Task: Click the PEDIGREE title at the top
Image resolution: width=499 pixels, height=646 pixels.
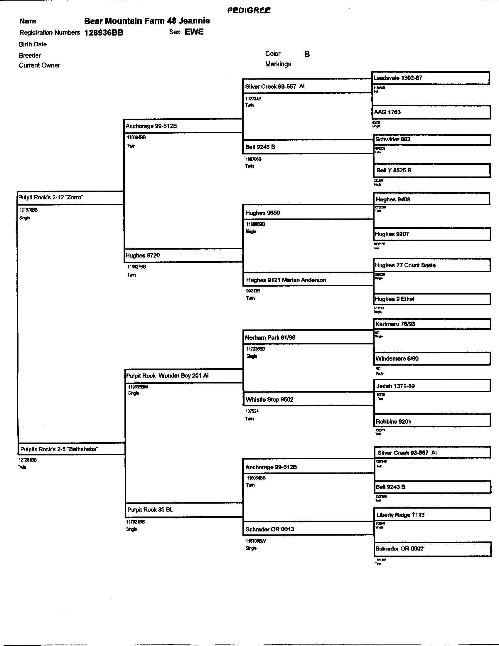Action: click(x=249, y=10)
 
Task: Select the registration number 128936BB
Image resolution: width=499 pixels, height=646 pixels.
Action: click(x=104, y=33)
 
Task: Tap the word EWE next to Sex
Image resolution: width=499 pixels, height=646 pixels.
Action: click(x=194, y=32)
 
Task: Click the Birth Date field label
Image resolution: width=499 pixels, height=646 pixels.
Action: click(x=33, y=44)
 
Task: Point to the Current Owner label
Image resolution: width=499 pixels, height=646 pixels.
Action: click(x=39, y=65)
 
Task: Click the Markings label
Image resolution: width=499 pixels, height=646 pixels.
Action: click(x=278, y=64)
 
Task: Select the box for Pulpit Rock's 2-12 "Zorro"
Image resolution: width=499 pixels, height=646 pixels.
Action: click(x=70, y=198)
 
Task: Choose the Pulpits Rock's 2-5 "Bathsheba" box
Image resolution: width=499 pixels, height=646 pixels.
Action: click(x=72, y=449)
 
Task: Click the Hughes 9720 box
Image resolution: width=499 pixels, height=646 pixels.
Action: click(x=183, y=255)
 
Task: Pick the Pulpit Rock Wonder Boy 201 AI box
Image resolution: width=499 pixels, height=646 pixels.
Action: click(x=184, y=376)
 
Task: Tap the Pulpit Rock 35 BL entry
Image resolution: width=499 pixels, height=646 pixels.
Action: click(x=184, y=510)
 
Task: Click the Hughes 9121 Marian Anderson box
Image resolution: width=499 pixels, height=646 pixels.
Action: click(x=308, y=280)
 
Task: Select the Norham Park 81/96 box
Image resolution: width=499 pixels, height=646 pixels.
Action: click(x=308, y=337)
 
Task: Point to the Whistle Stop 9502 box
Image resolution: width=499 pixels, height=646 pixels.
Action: click(x=308, y=399)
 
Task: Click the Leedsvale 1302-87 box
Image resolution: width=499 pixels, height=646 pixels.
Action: click(x=430, y=78)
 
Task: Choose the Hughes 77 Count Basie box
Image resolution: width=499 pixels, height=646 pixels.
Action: click(x=432, y=265)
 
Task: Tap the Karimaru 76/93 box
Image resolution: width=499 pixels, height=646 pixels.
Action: click(x=432, y=324)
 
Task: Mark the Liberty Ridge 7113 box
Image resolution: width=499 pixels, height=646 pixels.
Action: click(x=432, y=515)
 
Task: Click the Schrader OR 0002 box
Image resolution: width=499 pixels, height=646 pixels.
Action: click(x=432, y=549)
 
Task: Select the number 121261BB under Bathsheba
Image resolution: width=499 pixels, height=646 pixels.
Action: click(x=28, y=460)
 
